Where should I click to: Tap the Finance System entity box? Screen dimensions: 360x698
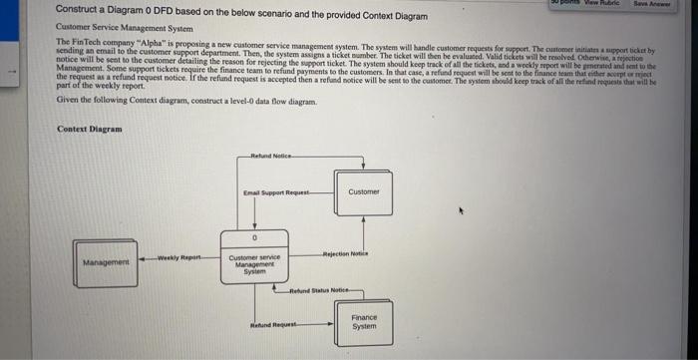[364, 322]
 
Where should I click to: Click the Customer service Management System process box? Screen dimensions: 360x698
[254, 265]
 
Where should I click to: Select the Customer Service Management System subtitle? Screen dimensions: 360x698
[116, 30]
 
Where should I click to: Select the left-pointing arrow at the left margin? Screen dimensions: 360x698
[12, 71]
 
